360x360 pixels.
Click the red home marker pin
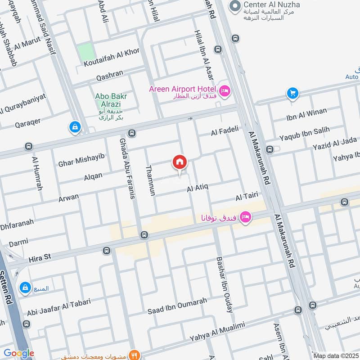(x=180, y=162)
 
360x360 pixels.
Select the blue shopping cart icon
(x=292, y=94)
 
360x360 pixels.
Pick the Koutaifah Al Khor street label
(x=112, y=61)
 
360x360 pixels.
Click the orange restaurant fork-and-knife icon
(x=134, y=354)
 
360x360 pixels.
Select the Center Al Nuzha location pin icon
(x=234, y=6)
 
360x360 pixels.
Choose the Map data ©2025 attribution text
(x=335, y=356)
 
